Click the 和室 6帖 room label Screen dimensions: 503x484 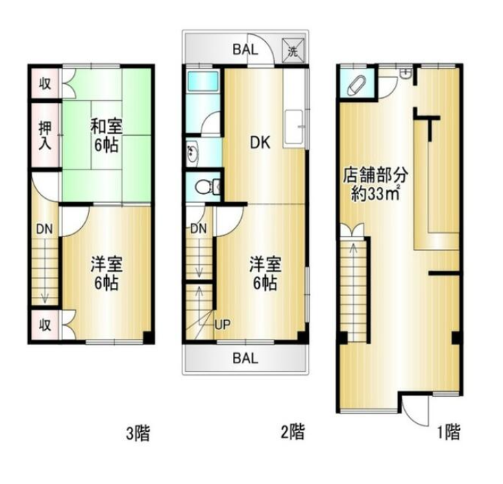pyautogui.click(x=106, y=135)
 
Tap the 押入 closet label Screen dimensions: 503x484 pyautogui.click(x=45, y=135)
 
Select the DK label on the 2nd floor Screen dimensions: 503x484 pyautogui.click(x=260, y=143)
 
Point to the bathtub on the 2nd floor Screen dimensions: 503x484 pyautogui.click(x=203, y=81)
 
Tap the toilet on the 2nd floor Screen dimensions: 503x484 pyautogui.click(x=207, y=186)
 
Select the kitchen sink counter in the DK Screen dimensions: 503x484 pyautogui.click(x=294, y=128)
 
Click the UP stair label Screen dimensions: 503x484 pyautogui.click(x=222, y=325)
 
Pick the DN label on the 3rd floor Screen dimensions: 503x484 pyautogui.click(x=45, y=229)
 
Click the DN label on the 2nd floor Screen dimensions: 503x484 pyautogui.click(x=199, y=228)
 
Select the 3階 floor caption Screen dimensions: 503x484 pyautogui.click(x=138, y=434)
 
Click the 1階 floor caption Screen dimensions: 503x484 pyautogui.click(x=449, y=432)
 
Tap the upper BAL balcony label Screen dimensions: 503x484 pyautogui.click(x=245, y=50)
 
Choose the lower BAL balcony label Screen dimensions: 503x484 pyautogui.click(x=245, y=358)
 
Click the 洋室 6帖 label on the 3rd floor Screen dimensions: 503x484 pyautogui.click(x=106, y=274)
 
